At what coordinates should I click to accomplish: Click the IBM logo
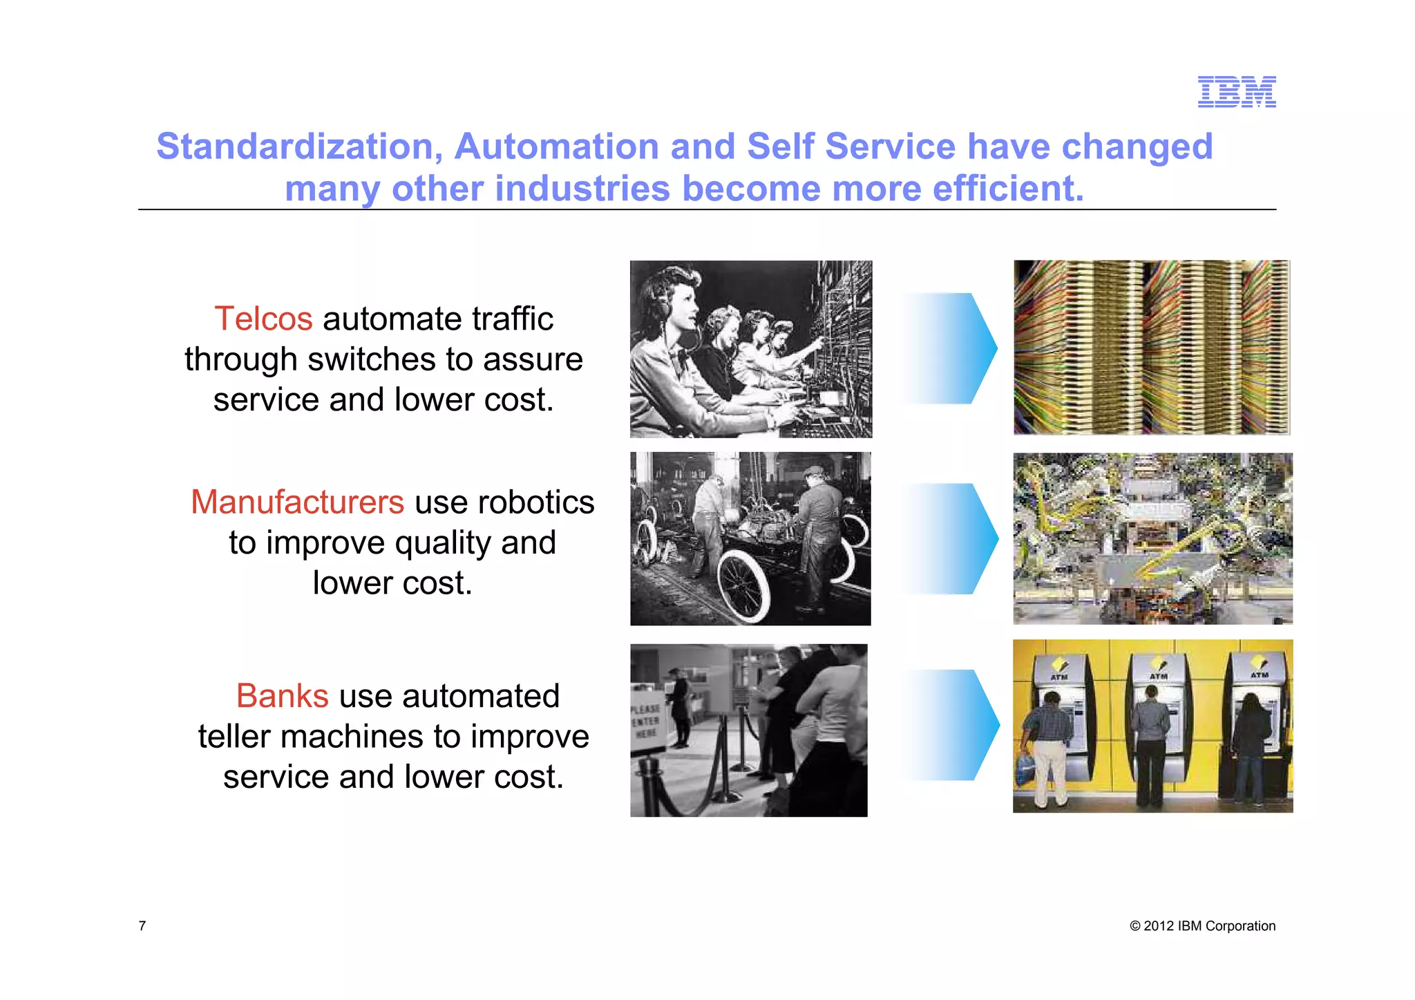click(1236, 92)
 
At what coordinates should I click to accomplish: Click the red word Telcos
click(263, 319)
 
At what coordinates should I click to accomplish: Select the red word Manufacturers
click(297, 502)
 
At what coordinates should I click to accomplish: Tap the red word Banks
click(282, 696)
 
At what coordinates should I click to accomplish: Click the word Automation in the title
click(556, 147)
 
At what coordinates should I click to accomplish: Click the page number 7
click(142, 926)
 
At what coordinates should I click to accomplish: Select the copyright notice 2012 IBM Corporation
click(1202, 926)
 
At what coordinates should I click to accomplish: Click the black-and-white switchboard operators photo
click(750, 349)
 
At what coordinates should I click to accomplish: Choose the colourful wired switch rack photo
click(1151, 348)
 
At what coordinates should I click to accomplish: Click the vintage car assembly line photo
click(750, 539)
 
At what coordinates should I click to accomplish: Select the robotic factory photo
click(1152, 539)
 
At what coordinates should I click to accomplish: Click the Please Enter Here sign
click(646, 721)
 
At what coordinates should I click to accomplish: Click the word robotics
click(539, 502)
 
